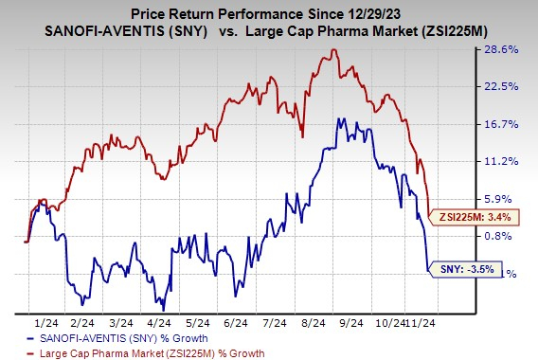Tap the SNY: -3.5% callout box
tap(465, 271)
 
